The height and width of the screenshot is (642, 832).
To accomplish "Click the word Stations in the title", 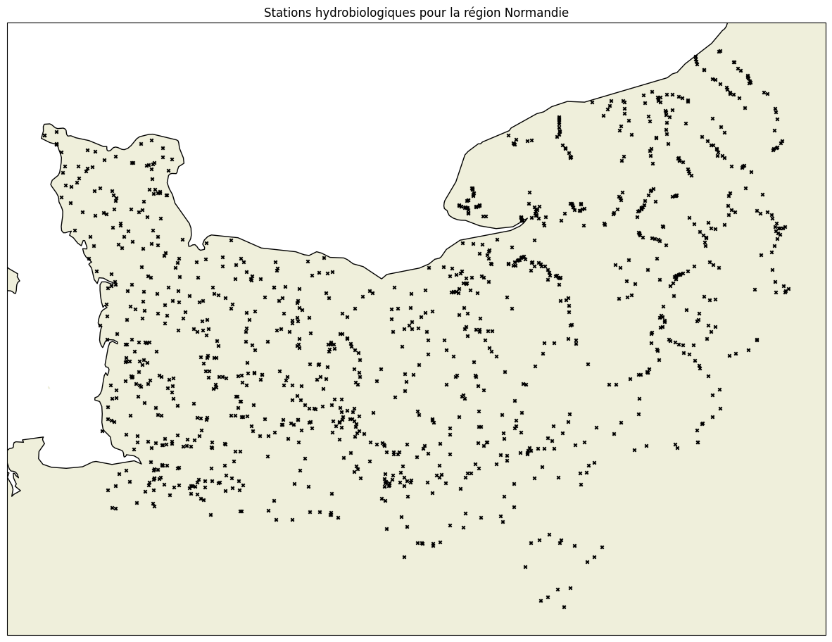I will click(x=284, y=13).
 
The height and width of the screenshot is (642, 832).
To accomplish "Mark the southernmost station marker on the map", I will click(x=564, y=607).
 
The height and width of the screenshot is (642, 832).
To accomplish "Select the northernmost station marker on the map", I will click(x=719, y=51).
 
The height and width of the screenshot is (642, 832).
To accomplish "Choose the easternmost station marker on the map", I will click(x=788, y=288).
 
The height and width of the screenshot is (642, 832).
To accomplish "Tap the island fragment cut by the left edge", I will click(x=12, y=279).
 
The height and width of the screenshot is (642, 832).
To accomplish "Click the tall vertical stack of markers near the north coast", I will click(x=560, y=126).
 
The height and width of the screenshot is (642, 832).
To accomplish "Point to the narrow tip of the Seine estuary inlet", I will click(x=527, y=218).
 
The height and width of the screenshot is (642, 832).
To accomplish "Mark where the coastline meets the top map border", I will click(x=727, y=23).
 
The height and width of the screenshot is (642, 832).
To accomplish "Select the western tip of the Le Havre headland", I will click(x=445, y=206).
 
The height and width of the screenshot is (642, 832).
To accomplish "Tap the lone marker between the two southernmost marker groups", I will click(x=525, y=567).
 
